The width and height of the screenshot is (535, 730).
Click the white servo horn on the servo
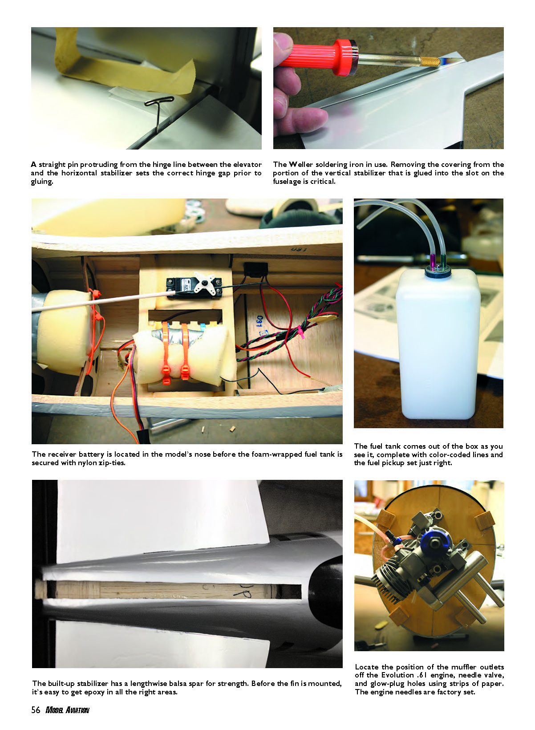(x=204, y=283)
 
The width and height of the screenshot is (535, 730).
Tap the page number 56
(x=36, y=710)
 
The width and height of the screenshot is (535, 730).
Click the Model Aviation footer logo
(x=67, y=710)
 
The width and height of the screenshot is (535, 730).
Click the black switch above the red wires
(x=256, y=269)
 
